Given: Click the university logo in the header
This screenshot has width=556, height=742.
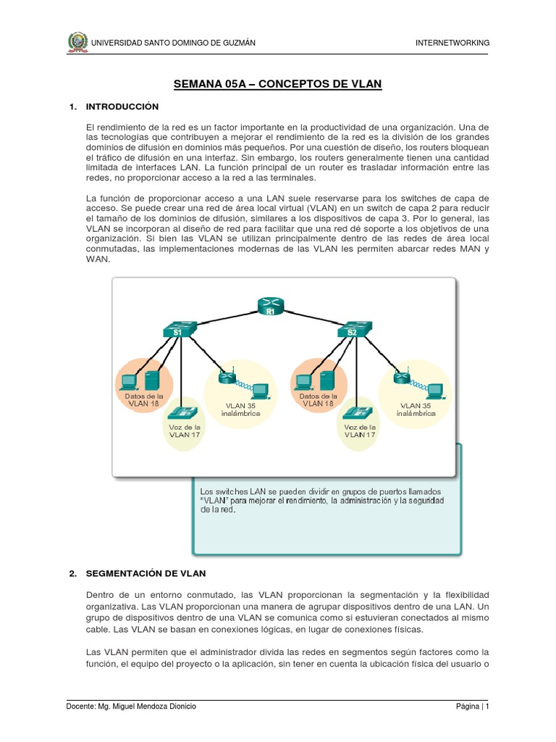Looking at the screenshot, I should point(76,42).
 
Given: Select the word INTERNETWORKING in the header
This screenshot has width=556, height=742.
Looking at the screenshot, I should point(452,43).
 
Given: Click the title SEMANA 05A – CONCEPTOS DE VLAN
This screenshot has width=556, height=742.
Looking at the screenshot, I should point(277,85).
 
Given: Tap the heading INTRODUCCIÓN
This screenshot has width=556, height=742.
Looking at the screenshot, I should point(122,107).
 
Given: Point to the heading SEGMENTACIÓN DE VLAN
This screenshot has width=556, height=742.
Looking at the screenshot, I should point(146,573).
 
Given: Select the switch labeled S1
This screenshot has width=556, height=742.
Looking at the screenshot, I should point(178,330).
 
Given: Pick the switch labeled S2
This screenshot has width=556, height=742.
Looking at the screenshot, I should point(353,330).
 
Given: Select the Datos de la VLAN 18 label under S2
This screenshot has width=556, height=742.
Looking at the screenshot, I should point(318,400).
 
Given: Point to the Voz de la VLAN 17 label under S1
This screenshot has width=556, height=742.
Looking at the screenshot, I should point(185,431).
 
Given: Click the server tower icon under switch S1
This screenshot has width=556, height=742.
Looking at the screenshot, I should point(152,381).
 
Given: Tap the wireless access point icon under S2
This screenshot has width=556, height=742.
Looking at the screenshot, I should point(400,378).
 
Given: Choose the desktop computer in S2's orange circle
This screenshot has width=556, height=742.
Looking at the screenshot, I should point(305,381).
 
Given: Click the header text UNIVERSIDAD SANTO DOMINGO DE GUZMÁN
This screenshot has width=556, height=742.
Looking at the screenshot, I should point(173,43).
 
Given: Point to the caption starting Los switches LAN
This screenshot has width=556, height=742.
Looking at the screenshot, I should point(322,500).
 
